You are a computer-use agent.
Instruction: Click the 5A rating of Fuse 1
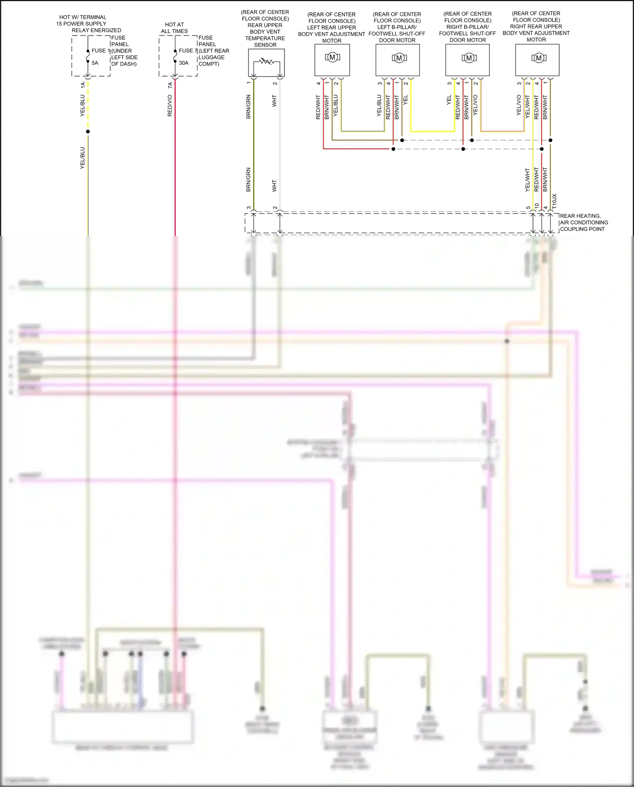point(95,63)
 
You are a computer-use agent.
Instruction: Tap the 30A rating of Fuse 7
point(183,63)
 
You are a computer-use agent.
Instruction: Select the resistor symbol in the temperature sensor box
point(266,62)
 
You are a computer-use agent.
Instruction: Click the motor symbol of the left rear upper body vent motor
point(332,58)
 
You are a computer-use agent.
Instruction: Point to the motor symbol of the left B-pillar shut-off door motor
point(399,58)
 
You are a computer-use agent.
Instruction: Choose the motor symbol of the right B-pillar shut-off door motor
point(469,58)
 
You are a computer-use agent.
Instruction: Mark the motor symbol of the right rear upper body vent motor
point(538,58)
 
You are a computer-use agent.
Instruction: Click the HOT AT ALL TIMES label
point(174,28)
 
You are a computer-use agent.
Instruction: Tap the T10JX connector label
point(555,200)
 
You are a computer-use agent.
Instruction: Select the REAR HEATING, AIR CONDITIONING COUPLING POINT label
point(584,222)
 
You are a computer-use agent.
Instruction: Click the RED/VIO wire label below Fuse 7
point(170,106)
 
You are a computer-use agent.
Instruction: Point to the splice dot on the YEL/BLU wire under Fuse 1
point(88,132)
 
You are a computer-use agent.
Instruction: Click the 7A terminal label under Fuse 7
point(170,85)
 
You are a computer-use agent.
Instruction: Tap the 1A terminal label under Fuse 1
point(83,85)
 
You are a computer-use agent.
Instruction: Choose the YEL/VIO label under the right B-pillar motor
point(475,105)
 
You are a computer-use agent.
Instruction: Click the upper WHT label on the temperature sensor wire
point(274,101)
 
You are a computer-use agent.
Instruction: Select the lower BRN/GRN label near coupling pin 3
point(249,180)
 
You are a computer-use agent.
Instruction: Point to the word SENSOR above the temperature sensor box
point(265,45)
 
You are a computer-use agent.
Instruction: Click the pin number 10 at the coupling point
point(537,206)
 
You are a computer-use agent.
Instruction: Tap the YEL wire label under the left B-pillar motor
point(405,100)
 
